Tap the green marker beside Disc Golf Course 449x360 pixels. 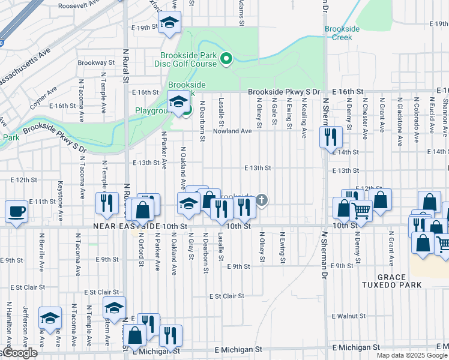pyautogui.click(x=226, y=59)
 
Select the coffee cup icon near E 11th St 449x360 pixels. pyautogui.click(x=16, y=211)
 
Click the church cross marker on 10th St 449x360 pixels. pyautogui.click(x=262, y=200)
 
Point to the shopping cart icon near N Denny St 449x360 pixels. pyautogui.click(x=361, y=210)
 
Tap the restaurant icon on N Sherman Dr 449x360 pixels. pyautogui.click(x=330, y=137)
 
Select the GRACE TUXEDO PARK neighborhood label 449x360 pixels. pyautogui.click(x=385, y=282)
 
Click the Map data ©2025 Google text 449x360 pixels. pyautogui.click(x=412, y=355)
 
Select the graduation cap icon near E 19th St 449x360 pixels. pyautogui.click(x=170, y=23)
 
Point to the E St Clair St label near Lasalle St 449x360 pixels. pyautogui.click(x=227, y=296)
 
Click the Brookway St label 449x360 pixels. pyautogui.click(x=92, y=62)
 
